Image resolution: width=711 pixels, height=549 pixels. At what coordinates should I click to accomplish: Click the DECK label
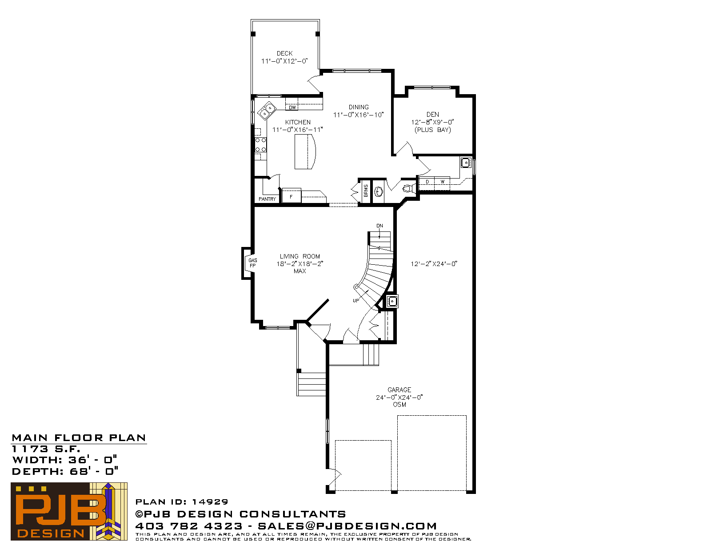point(284,53)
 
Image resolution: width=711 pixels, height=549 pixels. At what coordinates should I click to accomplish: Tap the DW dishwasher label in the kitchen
point(292,107)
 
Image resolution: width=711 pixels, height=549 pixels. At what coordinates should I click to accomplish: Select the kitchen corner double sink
point(267,111)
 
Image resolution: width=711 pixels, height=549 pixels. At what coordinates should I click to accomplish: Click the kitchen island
point(305,152)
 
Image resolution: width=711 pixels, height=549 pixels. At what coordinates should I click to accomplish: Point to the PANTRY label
point(268,199)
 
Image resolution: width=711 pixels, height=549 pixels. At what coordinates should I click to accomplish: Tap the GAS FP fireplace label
point(252,263)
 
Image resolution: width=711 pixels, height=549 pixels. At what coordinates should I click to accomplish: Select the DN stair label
point(379,226)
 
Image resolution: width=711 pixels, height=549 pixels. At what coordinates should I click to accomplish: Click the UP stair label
point(356,301)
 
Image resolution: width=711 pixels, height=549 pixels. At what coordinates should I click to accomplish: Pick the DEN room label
point(432,115)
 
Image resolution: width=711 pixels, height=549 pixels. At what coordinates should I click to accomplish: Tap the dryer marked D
point(427,182)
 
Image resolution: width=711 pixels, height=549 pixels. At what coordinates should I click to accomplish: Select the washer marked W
point(442,182)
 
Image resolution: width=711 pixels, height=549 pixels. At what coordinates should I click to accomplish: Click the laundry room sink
point(466,163)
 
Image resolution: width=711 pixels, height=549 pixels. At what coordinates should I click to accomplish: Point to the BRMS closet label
point(366,191)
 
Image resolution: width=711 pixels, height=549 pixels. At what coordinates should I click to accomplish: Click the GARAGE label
point(399,390)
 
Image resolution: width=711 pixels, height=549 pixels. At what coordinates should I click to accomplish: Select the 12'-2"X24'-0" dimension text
point(434,263)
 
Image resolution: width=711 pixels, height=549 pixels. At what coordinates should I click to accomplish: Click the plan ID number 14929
point(210,501)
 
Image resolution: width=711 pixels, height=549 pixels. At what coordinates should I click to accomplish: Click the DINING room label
point(359,107)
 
